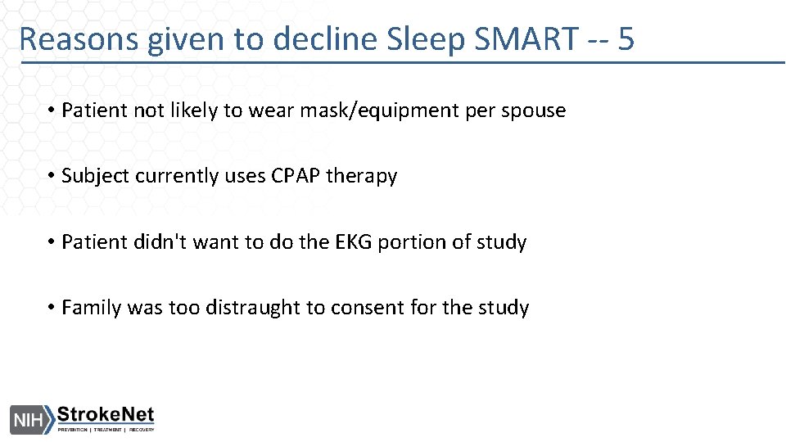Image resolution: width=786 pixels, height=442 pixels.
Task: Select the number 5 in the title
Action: [626, 38]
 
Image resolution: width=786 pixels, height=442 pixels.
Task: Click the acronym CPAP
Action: [296, 177]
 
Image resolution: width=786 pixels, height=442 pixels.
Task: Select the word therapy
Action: [361, 177]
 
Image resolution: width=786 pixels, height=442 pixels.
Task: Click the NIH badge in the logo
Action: [28, 419]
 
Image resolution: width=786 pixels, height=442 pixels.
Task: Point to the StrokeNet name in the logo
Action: [105, 415]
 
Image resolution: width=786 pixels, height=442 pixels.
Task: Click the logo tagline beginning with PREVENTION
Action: [105, 430]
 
